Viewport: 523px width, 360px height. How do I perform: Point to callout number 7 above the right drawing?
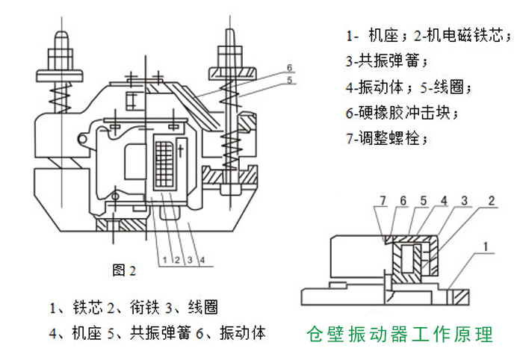pos(383,200)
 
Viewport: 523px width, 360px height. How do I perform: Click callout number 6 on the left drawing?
pos(288,66)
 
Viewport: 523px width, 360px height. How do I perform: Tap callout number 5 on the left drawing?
pos(288,79)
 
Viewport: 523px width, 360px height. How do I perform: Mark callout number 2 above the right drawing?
pos(492,200)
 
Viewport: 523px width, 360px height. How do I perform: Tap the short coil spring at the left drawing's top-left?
pos(55,93)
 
